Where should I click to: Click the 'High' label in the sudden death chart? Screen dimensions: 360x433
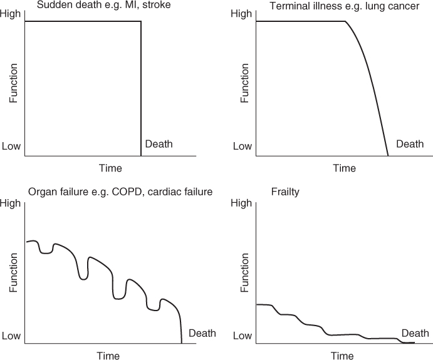[x=12, y=14]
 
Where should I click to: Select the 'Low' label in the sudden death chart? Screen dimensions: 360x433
[x=12, y=147]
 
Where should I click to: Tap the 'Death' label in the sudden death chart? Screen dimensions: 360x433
[x=159, y=145]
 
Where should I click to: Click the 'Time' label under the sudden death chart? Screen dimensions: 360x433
[x=110, y=168]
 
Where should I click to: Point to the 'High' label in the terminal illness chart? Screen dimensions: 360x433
[x=241, y=14]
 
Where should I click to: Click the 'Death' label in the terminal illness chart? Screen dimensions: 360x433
[x=410, y=145]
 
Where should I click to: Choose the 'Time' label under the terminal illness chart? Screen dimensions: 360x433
[x=344, y=168]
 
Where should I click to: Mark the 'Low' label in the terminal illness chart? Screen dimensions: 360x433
[x=242, y=147]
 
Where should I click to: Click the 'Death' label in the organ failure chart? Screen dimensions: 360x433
[x=202, y=333]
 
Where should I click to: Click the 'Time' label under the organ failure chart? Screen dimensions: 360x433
[x=108, y=356]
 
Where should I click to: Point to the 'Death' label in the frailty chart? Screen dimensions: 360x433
[x=415, y=333]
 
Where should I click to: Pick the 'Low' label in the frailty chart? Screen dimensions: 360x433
[x=242, y=336]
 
